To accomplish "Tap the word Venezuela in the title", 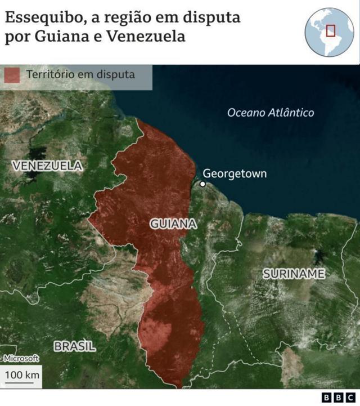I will [x=151, y=37].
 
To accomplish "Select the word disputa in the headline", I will [x=213, y=17].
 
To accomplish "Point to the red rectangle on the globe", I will [x=331, y=30].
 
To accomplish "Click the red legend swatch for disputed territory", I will [x=12, y=74].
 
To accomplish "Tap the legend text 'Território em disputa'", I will [x=80, y=74].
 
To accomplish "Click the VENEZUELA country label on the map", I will [x=47, y=166].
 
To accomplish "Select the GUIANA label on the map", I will [x=173, y=224].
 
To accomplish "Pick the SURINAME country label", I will [x=294, y=274].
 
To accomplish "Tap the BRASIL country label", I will [x=75, y=346].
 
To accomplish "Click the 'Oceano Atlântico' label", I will [x=271, y=113].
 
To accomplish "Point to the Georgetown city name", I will [x=235, y=173].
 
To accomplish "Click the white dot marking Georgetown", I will [x=202, y=184].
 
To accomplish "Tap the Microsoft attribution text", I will [x=21, y=358].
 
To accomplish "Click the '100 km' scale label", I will [x=22, y=374].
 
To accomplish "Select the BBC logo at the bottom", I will [x=339, y=398].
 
